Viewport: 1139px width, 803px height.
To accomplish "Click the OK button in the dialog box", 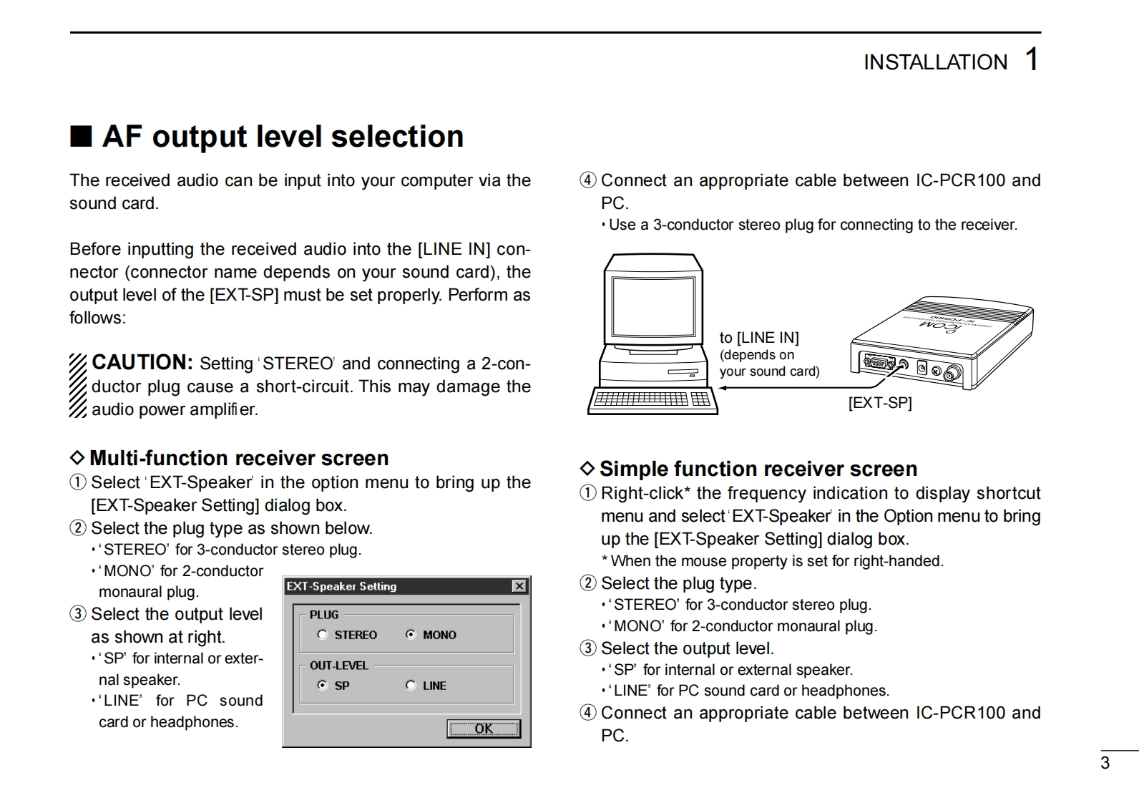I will point(484,729).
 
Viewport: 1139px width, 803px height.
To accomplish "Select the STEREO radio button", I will point(323,635).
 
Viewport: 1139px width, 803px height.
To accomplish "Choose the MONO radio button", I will point(411,635).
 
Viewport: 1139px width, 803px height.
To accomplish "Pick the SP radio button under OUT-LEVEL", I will point(323,686).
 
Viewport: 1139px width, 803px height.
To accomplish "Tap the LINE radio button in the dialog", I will point(411,686).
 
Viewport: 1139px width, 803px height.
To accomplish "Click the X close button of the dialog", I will point(519,587).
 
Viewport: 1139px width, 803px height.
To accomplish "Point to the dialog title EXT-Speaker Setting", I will point(341,587).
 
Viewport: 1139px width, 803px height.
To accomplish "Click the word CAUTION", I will point(142,362).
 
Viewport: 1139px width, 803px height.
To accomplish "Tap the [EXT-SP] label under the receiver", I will point(880,403).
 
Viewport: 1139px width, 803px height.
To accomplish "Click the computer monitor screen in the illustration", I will point(653,303).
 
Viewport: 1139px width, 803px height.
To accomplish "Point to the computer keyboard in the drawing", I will point(652,400).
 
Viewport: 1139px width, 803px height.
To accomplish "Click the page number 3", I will point(1105,763).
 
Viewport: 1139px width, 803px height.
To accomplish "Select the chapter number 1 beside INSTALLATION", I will point(1031,59).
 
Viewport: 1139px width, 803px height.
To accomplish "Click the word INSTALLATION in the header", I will point(935,63).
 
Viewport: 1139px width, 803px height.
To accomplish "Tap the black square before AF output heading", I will point(81,136).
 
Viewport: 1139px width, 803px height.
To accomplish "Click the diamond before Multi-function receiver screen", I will point(77,457).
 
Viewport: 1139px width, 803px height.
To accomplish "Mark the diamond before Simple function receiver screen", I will point(587,468).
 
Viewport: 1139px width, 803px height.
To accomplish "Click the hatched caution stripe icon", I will point(78,385).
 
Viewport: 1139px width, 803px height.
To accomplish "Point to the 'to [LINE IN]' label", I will point(759,338).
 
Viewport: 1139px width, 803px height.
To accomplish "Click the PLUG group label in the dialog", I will point(324,615).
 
